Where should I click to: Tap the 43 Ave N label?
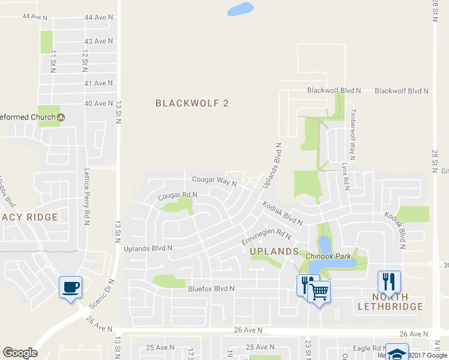click(x=99, y=41)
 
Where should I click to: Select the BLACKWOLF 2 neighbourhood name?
click(x=192, y=103)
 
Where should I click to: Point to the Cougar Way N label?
click(x=214, y=180)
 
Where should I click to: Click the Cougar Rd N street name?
click(x=178, y=196)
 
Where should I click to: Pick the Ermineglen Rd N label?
click(x=266, y=232)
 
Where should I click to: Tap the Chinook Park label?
click(x=328, y=256)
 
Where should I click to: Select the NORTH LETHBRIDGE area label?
click(x=391, y=302)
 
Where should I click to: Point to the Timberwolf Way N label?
click(x=354, y=135)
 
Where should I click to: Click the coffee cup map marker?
click(x=70, y=286)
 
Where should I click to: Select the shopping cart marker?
click(x=319, y=292)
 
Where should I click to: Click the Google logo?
click(x=20, y=353)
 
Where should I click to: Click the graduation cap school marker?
click(x=397, y=352)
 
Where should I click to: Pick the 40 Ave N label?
click(x=99, y=103)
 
